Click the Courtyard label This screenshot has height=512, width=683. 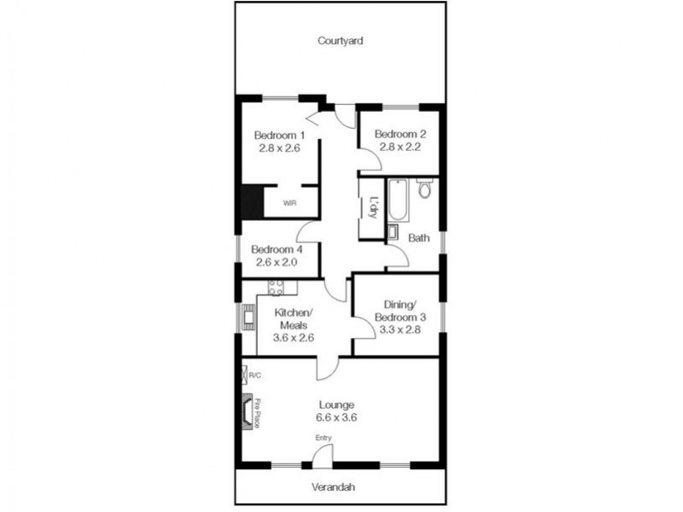(341, 40)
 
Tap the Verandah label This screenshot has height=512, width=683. (334, 487)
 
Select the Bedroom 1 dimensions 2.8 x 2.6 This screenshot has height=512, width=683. (279, 148)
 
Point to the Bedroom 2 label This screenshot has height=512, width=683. (400, 134)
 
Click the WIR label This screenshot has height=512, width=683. (291, 203)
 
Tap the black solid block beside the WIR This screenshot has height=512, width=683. (251, 202)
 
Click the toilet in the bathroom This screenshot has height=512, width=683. (424, 189)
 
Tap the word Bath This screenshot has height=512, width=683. (418, 238)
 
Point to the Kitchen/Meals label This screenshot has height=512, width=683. (294, 318)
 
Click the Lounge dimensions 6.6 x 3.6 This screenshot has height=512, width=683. (336, 417)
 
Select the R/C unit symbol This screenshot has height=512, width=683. (246, 374)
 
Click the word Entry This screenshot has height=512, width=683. (324, 438)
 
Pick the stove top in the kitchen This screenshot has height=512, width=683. (277, 288)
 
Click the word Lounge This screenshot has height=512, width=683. (336, 404)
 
